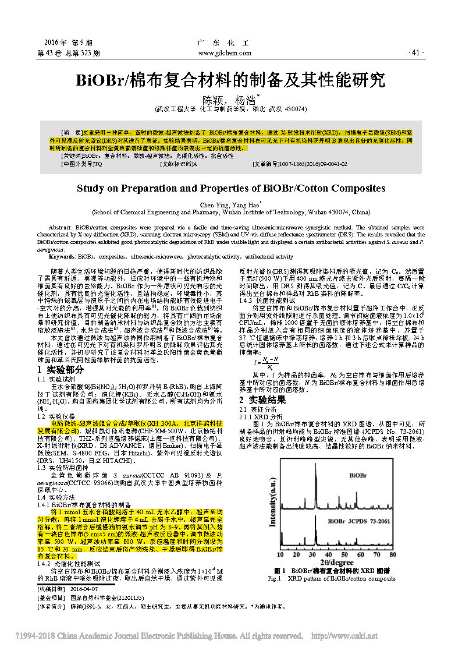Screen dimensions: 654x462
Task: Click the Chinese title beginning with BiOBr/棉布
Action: coord(230,79)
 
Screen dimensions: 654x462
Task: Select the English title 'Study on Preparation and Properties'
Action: coord(231,189)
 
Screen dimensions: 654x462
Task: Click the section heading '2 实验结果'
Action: coord(263,400)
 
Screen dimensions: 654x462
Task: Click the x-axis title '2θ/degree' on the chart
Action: coord(336,562)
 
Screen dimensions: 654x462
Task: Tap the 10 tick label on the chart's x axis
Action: coord(280,554)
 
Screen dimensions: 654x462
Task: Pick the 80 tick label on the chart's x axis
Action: coord(393,554)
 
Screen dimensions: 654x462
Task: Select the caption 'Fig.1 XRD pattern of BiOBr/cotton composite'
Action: coord(331,578)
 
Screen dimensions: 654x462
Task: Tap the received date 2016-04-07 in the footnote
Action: coord(86,589)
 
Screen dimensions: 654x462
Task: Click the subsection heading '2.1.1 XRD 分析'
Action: coord(261,417)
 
